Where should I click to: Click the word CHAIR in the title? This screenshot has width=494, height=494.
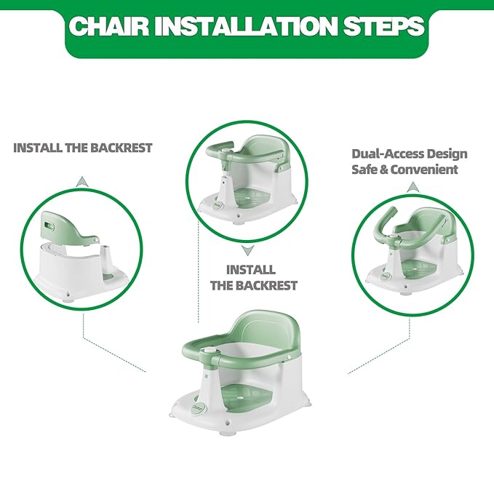pos(109,26)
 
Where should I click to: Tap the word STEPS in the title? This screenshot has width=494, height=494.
pos(384,26)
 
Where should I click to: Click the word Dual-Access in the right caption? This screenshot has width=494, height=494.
pos(381,154)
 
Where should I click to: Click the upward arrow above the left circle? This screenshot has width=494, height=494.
pos(82,182)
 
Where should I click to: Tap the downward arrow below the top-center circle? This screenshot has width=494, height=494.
pos(248,250)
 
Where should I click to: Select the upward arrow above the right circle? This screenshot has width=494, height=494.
pos(412,187)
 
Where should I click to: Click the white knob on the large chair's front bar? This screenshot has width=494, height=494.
pos(211,351)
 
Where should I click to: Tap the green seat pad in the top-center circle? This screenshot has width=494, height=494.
pos(252,199)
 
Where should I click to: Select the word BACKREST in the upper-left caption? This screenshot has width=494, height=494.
pos(121,148)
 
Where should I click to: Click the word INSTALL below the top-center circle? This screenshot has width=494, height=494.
pos(251,270)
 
